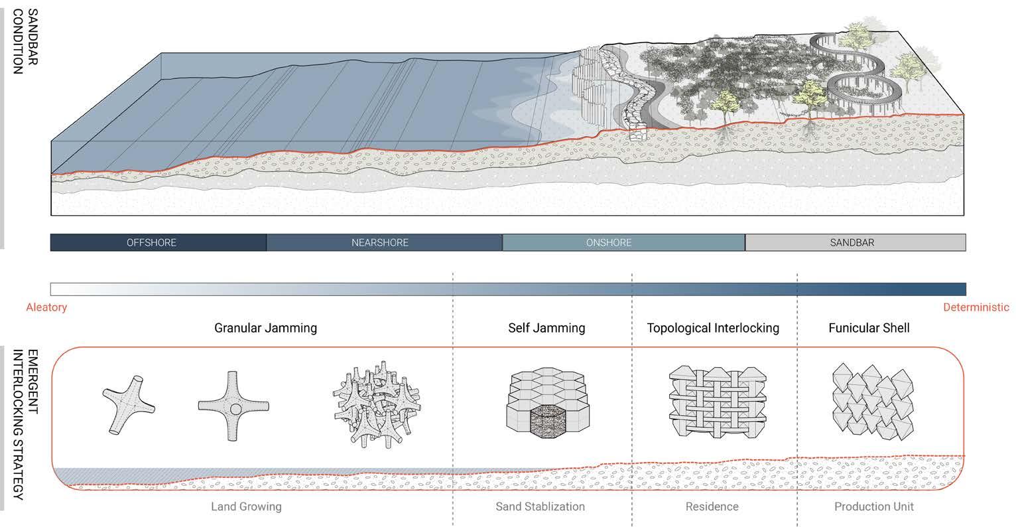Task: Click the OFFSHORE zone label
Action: point(151,243)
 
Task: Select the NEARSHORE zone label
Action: point(379,243)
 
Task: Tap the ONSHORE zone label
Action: point(608,243)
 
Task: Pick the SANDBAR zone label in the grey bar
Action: point(852,243)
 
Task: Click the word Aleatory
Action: point(46,307)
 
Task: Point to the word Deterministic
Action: point(976,307)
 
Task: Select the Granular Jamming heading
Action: point(265,328)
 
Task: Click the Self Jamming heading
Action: point(546,328)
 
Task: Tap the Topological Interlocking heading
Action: point(713,328)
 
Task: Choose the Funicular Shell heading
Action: point(869,328)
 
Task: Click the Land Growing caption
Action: point(246,506)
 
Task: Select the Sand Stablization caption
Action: point(540,506)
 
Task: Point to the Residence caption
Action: point(712,506)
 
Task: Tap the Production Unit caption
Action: point(873,506)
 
